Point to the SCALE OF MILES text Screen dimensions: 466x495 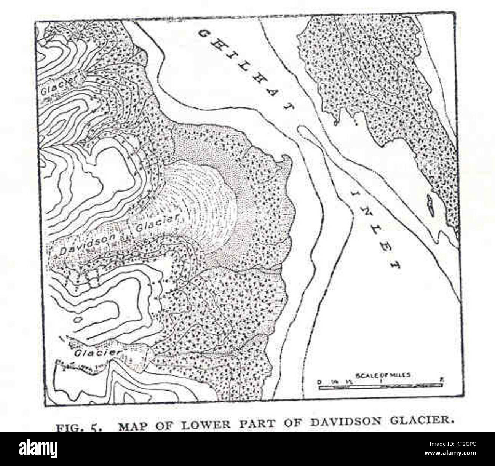(x=383, y=375)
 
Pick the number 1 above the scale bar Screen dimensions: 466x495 (x=380, y=381)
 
